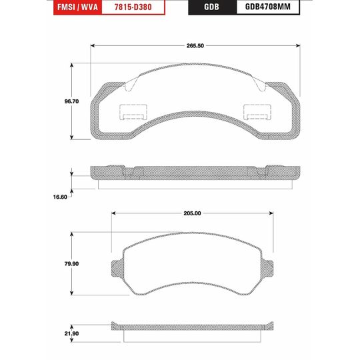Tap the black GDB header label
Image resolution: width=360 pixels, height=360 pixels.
210,9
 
